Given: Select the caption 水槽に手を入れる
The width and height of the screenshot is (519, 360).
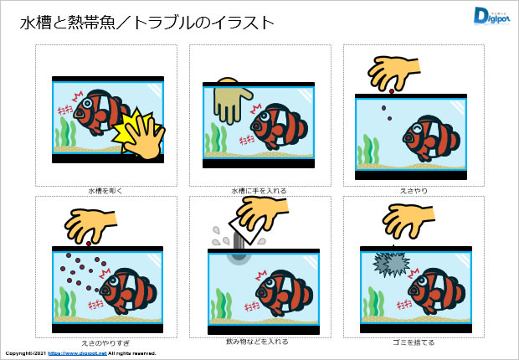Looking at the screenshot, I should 259,191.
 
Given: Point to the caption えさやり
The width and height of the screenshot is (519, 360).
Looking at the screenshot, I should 414,191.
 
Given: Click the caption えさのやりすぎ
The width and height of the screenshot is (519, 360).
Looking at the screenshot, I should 105,342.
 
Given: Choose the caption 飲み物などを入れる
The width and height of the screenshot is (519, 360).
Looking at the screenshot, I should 259,342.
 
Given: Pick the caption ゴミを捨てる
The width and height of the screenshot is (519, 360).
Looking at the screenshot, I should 414,342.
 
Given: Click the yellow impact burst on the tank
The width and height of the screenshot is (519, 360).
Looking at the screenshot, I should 137,131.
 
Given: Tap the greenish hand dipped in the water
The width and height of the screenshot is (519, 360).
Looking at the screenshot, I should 227,100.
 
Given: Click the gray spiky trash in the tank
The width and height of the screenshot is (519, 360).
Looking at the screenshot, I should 389,265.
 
